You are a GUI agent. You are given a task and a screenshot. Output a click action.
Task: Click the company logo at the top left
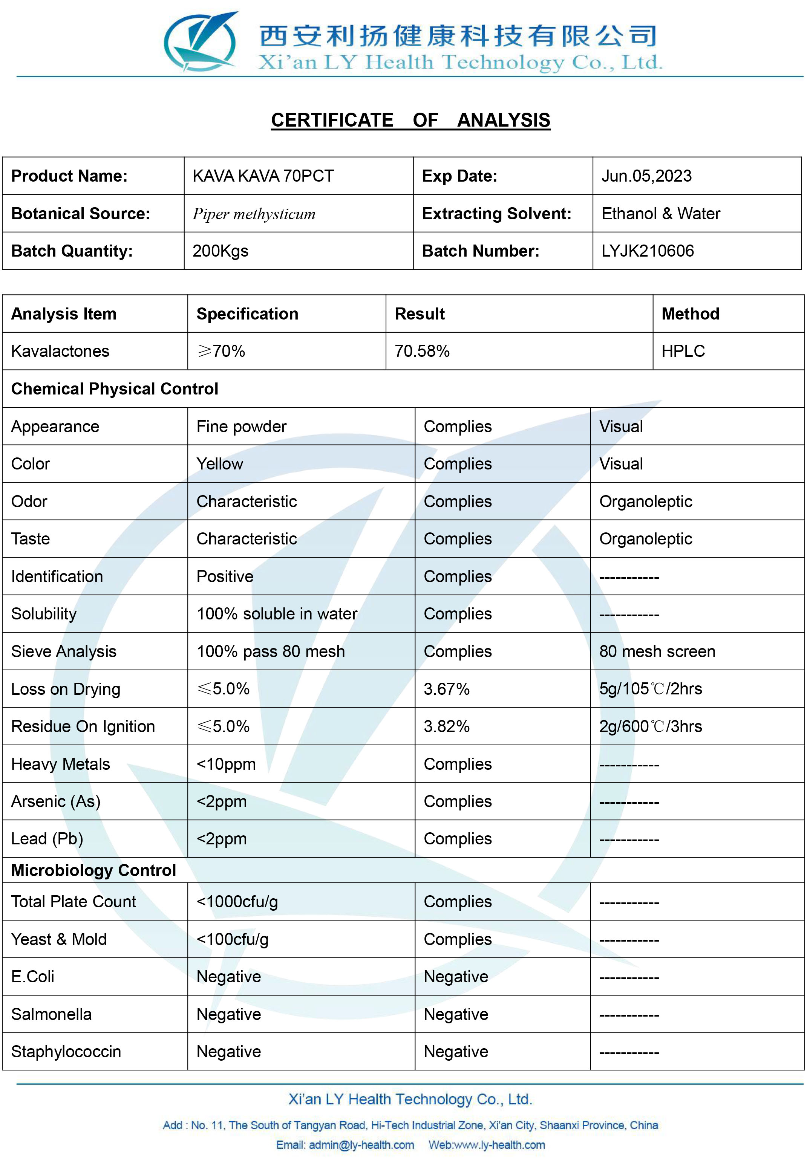point(201,41)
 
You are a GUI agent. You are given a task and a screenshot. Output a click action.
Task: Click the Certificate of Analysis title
point(410,120)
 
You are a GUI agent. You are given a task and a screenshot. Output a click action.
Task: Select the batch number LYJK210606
point(648,251)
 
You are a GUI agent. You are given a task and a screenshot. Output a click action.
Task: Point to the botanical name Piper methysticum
point(254,214)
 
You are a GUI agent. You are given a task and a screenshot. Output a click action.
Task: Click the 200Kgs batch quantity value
point(220,251)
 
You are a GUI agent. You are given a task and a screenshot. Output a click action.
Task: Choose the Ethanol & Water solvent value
point(660,214)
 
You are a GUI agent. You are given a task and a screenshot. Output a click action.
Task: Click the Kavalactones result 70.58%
point(422,351)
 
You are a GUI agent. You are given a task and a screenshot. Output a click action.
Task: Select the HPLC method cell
point(683,351)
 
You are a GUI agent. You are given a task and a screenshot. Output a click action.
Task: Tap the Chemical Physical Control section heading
point(115,389)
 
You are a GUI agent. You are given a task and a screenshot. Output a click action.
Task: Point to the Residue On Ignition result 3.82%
point(446,726)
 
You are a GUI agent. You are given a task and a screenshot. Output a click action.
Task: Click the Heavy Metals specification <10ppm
point(226,764)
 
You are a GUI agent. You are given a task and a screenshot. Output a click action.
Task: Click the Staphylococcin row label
point(66,1052)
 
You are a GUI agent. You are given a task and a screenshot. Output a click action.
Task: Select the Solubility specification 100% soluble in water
point(277,614)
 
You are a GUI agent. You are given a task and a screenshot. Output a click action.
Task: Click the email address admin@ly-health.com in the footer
point(361,1145)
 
